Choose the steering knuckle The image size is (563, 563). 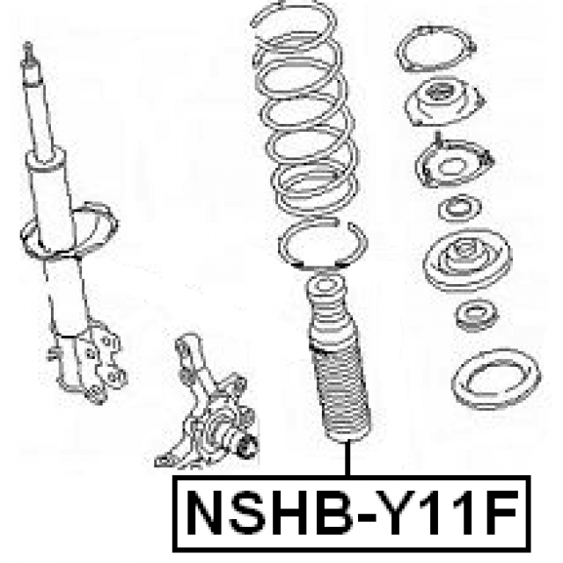coord(207,405)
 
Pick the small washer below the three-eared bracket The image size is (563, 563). coord(457,211)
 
